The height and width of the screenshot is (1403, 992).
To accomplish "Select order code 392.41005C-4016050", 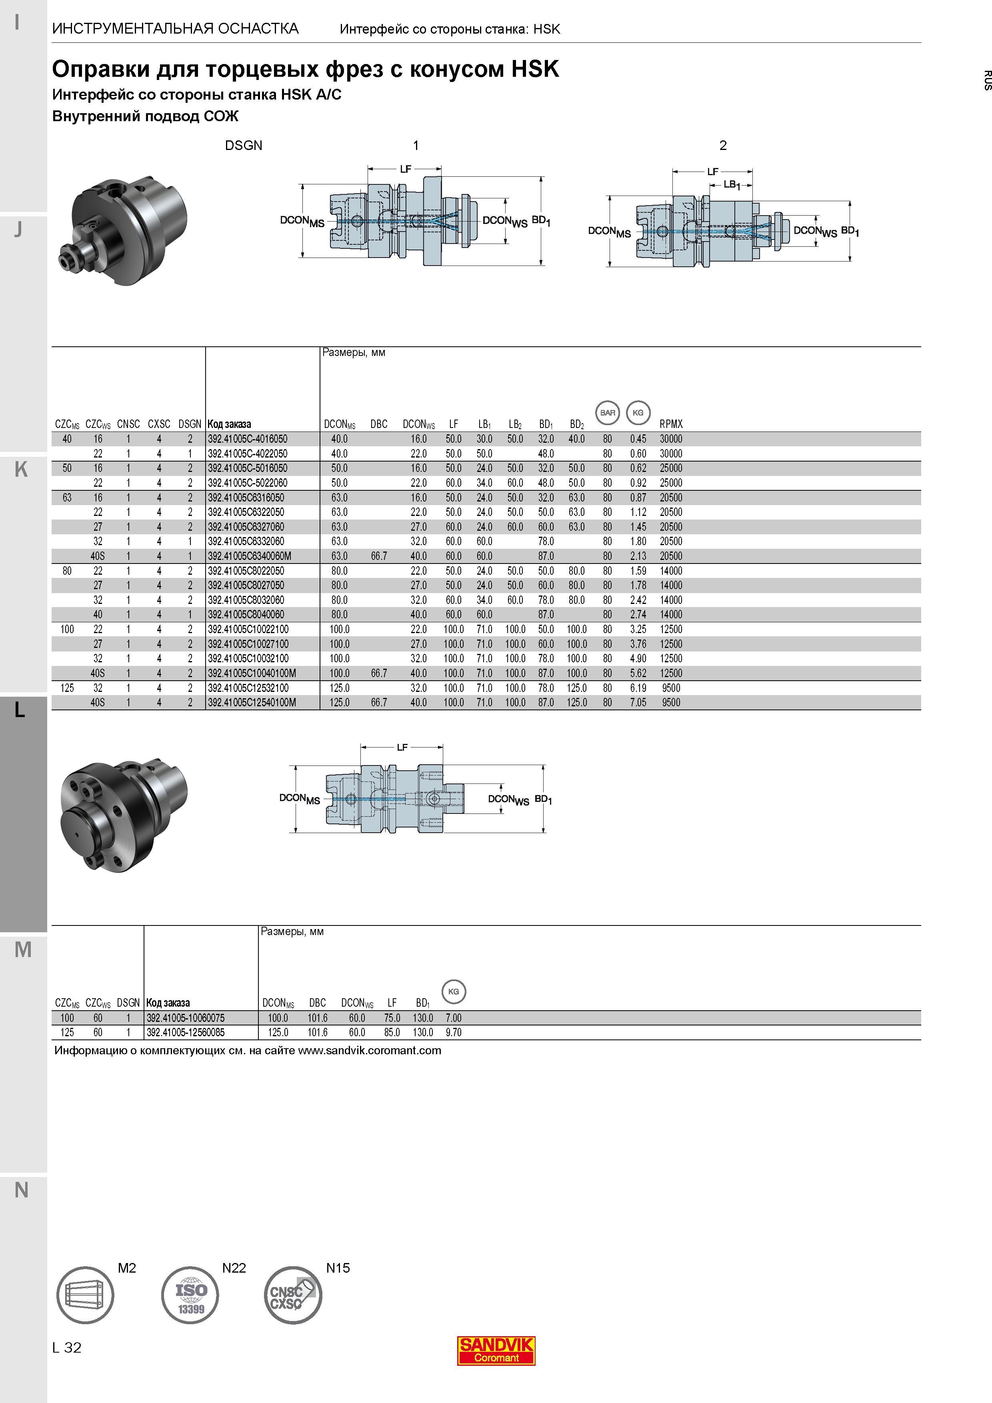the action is click(x=248, y=439).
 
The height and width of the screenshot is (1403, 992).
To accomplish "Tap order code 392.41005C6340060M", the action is click(x=249, y=556).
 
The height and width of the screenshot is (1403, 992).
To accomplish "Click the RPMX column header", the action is click(x=671, y=424).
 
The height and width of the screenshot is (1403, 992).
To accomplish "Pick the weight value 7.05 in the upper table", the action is click(x=638, y=703).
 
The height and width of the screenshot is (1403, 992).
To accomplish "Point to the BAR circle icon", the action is click(x=608, y=412).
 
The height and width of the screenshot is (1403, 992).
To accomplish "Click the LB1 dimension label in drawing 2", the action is click(x=732, y=184).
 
